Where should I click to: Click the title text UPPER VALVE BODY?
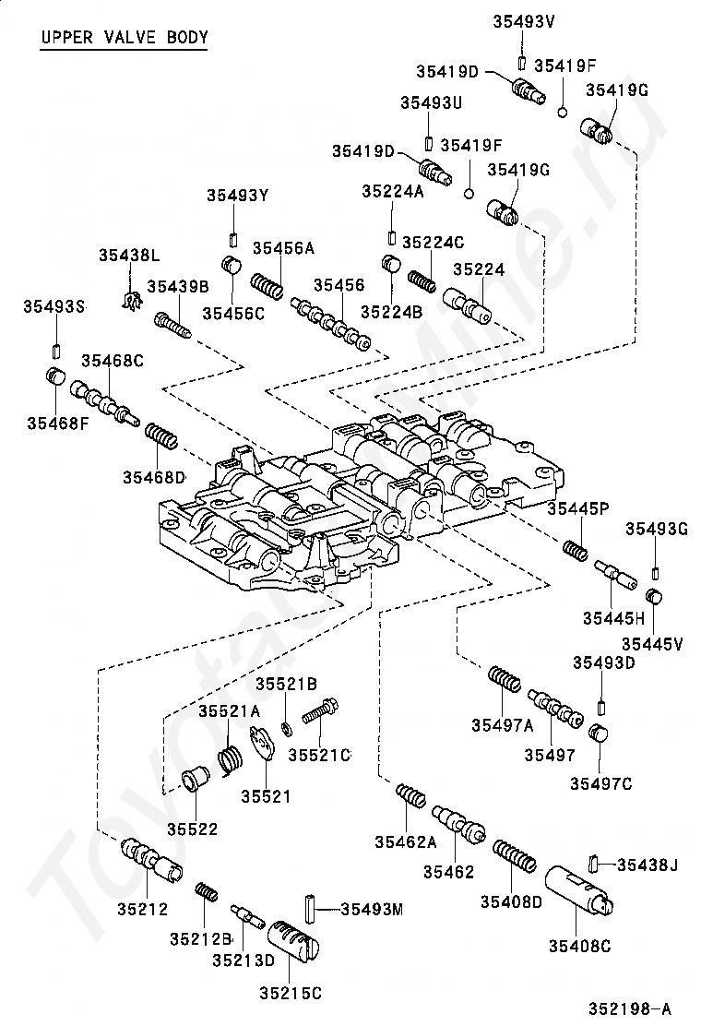click(125, 37)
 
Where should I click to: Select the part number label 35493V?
click(524, 21)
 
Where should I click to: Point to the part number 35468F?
click(57, 424)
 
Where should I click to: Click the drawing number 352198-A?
click(630, 1008)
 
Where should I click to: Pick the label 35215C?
click(291, 994)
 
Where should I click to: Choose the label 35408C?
click(579, 946)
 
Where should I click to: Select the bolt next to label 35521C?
click(320, 711)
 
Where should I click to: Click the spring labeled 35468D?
click(160, 435)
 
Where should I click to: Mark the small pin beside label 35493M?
click(310, 908)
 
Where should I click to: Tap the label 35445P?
click(578, 508)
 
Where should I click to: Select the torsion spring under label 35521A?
click(231, 761)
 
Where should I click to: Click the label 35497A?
click(502, 724)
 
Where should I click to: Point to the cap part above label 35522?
click(195, 781)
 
